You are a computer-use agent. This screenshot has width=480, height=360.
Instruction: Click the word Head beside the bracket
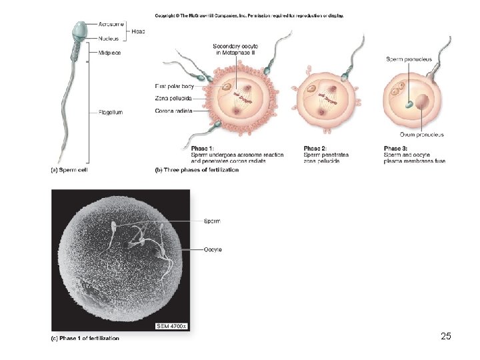pos(139,31)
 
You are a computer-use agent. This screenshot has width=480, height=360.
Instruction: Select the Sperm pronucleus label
pos(409,59)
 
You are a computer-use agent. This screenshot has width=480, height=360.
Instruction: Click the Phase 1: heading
pos(203,149)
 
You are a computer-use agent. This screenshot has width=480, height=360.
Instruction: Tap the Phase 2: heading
pos(315,149)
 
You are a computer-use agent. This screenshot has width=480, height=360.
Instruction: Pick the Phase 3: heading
pos(396,149)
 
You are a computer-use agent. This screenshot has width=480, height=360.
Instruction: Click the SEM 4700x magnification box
pos(171,325)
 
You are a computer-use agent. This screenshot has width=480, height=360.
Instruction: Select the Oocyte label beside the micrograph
pos(213,249)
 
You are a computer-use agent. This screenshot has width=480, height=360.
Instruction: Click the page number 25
pos(446,336)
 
